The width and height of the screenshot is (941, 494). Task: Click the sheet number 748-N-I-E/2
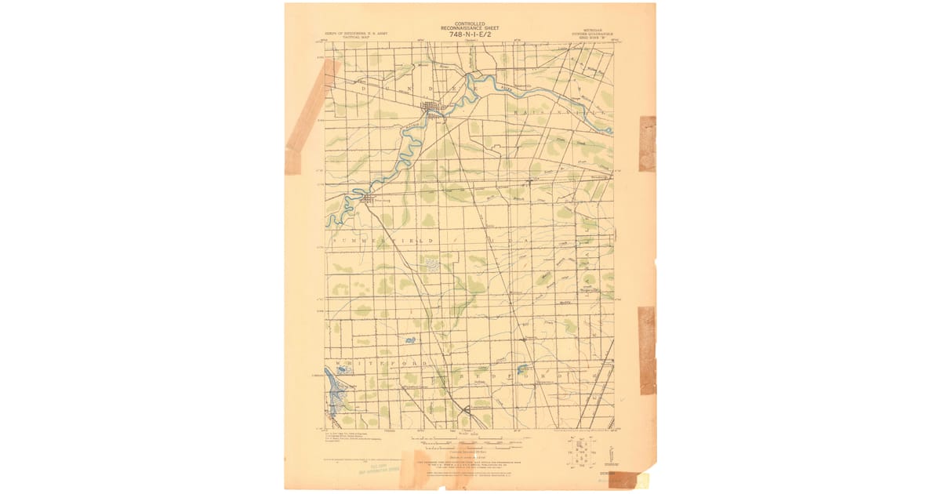469,35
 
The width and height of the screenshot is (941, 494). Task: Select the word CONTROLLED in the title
469,24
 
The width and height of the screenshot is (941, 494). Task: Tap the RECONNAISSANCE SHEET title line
469,28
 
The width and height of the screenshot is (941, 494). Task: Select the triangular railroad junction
467,409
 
